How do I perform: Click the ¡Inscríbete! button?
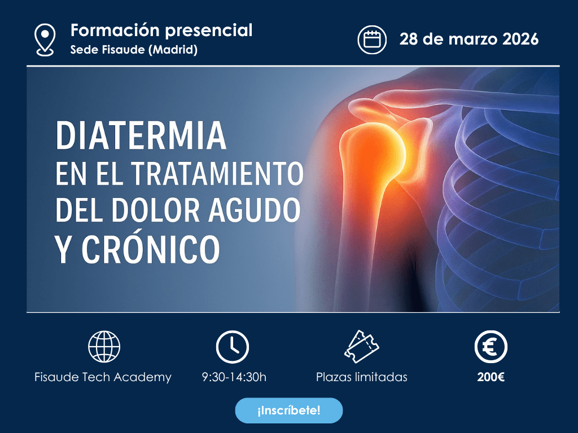pyautogui.click(x=288, y=410)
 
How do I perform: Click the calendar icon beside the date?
pyautogui.click(x=372, y=39)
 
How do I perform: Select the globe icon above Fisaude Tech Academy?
pyautogui.click(x=104, y=347)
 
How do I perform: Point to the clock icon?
pyautogui.click(x=232, y=347)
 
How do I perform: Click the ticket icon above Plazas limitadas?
pyautogui.click(x=361, y=347)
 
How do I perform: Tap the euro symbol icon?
pyautogui.click(x=491, y=347)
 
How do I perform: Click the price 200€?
pyautogui.click(x=491, y=377)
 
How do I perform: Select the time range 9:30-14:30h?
pyautogui.click(x=234, y=377)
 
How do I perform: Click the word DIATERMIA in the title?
pyautogui.click(x=141, y=136)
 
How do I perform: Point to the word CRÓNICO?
pyautogui.click(x=150, y=249)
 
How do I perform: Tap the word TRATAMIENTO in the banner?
pyautogui.click(x=217, y=173)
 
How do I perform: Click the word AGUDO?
pyautogui.click(x=255, y=210)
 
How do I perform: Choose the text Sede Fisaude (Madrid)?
pyautogui.click(x=134, y=50)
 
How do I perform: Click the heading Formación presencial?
pyautogui.click(x=161, y=30)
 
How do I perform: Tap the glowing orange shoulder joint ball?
pyautogui.click(x=376, y=151)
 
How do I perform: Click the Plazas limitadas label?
pyautogui.click(x=362, y=377)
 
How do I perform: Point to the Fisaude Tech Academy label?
pyautogui.click(x=103, y=377)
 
